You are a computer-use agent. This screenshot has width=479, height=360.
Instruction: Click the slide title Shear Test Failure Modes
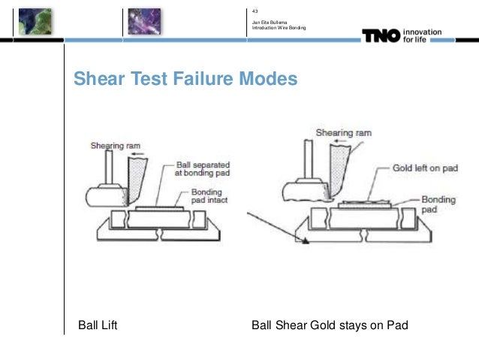pos(185,80)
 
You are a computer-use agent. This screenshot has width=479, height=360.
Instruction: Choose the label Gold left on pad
pos(424,169)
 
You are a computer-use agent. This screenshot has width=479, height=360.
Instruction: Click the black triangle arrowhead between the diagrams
pos(305,242)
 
